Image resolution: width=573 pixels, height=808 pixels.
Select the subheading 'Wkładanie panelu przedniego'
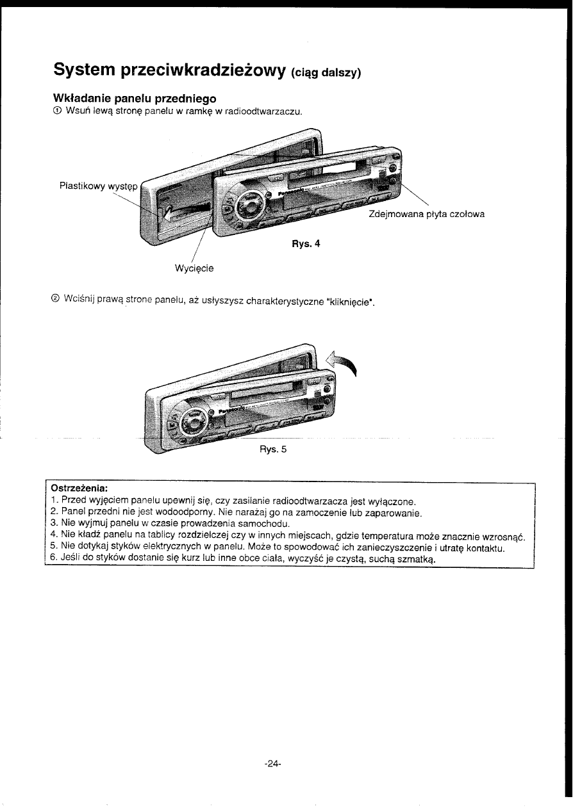[134, 99]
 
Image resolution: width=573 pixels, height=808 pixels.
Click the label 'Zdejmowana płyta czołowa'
[427, 214]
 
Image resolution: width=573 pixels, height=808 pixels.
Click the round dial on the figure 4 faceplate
[247, 206]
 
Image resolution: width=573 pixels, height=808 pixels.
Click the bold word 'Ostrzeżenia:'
[78, 490]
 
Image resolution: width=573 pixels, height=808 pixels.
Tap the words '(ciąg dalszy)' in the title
[326, 72]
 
